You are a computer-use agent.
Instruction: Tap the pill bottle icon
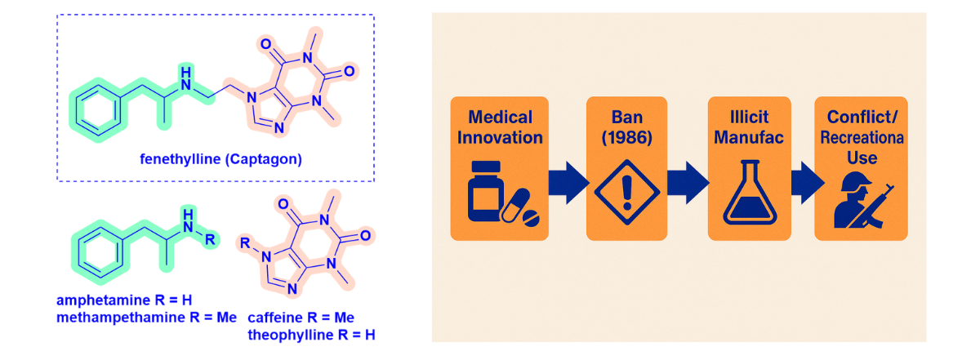coord(500,195)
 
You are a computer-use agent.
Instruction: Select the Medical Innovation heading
coord(500,127)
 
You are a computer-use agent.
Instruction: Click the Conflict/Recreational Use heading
coord(861,136)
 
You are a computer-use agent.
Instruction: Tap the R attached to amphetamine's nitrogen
coord(211,240)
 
